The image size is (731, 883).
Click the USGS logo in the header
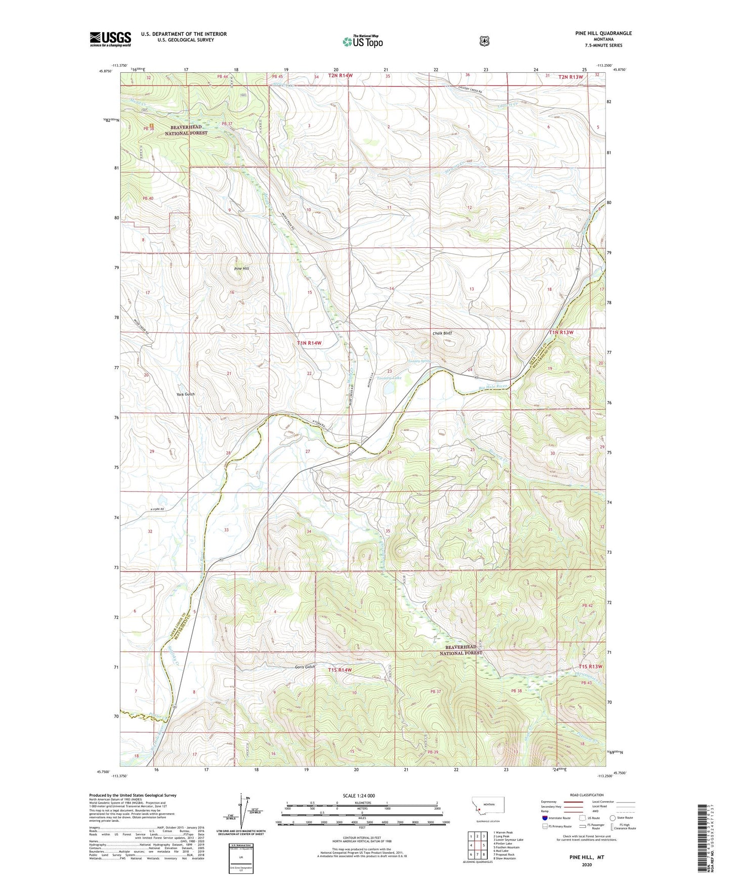[110, 38]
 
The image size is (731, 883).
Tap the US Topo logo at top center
[362, 41]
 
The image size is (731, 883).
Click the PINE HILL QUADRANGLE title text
[603, 33]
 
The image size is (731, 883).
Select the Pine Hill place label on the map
[241, 269]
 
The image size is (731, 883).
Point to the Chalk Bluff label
[442, 333]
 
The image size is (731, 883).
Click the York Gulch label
[185, 394]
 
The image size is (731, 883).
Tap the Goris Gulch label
[305, 667]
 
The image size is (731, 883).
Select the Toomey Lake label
[389, 378]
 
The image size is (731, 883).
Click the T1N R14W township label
[309, 343]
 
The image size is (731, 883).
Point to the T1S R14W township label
[339, 670]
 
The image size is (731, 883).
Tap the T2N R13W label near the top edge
[571, 77]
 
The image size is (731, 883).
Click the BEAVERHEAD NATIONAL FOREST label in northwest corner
[186, 129]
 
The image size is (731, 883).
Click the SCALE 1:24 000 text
[359, 796]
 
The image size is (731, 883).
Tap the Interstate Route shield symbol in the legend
[544, 818]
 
